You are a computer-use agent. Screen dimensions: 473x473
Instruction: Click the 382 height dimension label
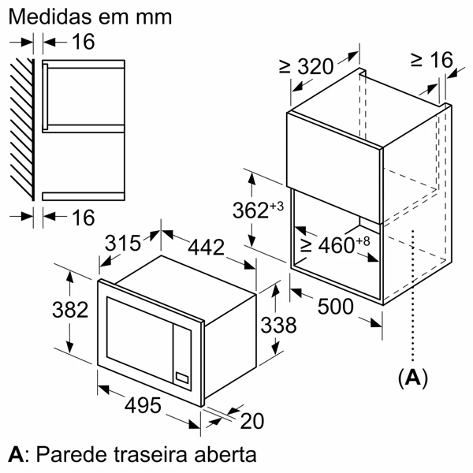click(70, 310)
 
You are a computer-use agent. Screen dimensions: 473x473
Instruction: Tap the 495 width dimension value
click(143, 405)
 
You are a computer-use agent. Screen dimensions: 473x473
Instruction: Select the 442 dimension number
click(207, 248)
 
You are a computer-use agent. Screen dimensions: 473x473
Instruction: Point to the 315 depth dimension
click(123, 243)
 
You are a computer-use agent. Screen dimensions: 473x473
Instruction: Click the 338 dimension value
click(278, 325)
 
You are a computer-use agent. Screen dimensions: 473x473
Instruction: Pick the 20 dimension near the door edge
click(252, 421)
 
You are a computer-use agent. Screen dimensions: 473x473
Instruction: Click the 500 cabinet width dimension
click(336, 307)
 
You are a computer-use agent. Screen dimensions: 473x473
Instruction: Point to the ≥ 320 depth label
click(307, 66)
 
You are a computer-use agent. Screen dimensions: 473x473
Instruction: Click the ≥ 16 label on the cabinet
click(432, 60)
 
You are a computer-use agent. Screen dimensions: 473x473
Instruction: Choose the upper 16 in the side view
click(84, 42)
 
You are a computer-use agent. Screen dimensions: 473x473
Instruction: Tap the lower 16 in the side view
click(84, 218)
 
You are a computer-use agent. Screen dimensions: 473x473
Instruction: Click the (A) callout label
click(413, 378)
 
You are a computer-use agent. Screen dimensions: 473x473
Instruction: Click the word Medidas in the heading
click(50, 17)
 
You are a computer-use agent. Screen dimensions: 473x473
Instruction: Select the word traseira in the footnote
click(151, 455)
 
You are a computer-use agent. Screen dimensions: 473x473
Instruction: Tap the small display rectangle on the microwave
click(182, 378)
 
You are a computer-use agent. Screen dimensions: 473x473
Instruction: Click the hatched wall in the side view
click(23, 129)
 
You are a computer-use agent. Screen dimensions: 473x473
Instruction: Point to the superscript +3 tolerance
click(277, 207)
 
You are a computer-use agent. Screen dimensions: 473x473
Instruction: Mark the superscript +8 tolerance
click(363, 241)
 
